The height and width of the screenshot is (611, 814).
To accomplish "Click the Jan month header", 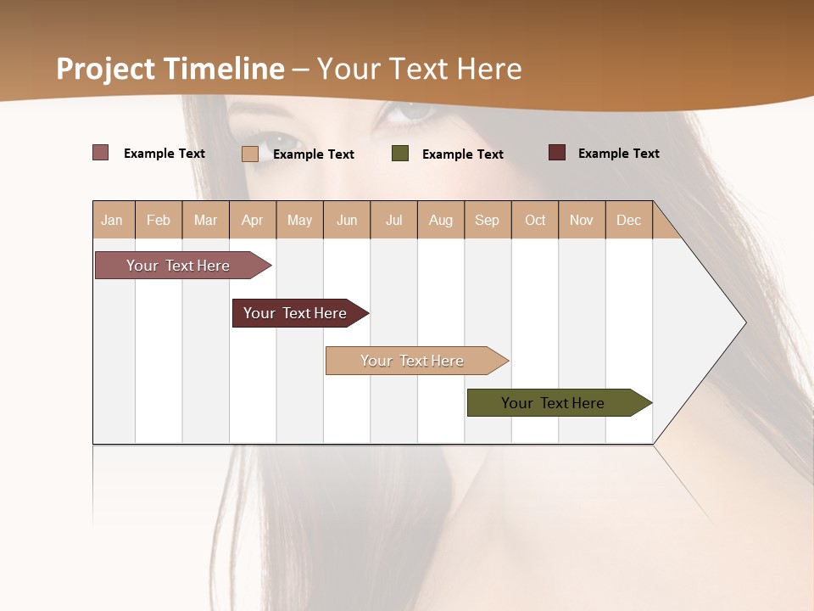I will point(113,220).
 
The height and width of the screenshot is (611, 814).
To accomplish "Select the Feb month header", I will point(159,220).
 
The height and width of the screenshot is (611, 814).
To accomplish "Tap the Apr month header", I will point(252,220).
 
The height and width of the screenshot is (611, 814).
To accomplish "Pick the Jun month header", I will point(347,220).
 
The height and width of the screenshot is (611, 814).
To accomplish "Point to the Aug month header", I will point(440,220).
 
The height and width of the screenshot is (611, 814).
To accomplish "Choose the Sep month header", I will point(487,220).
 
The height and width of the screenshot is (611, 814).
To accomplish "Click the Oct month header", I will point(535,220).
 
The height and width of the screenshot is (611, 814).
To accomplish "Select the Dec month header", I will point(628,220).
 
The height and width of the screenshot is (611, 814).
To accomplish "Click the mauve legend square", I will point(100,153).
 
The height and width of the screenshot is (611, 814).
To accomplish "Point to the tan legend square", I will point(249,154).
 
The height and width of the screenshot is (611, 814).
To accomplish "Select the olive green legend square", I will point(400,154).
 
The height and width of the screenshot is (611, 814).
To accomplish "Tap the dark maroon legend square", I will point(556,153).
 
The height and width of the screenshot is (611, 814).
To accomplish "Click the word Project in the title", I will point(105,69).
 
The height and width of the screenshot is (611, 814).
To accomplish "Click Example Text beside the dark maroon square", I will point(618,154).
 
